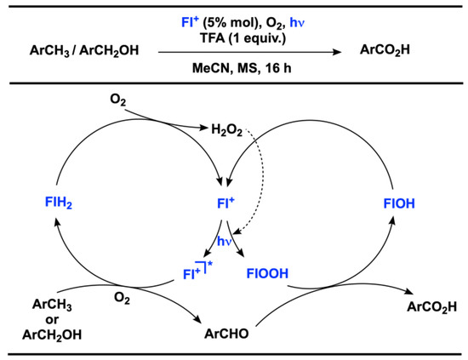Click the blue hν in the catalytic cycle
pos(225,243)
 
